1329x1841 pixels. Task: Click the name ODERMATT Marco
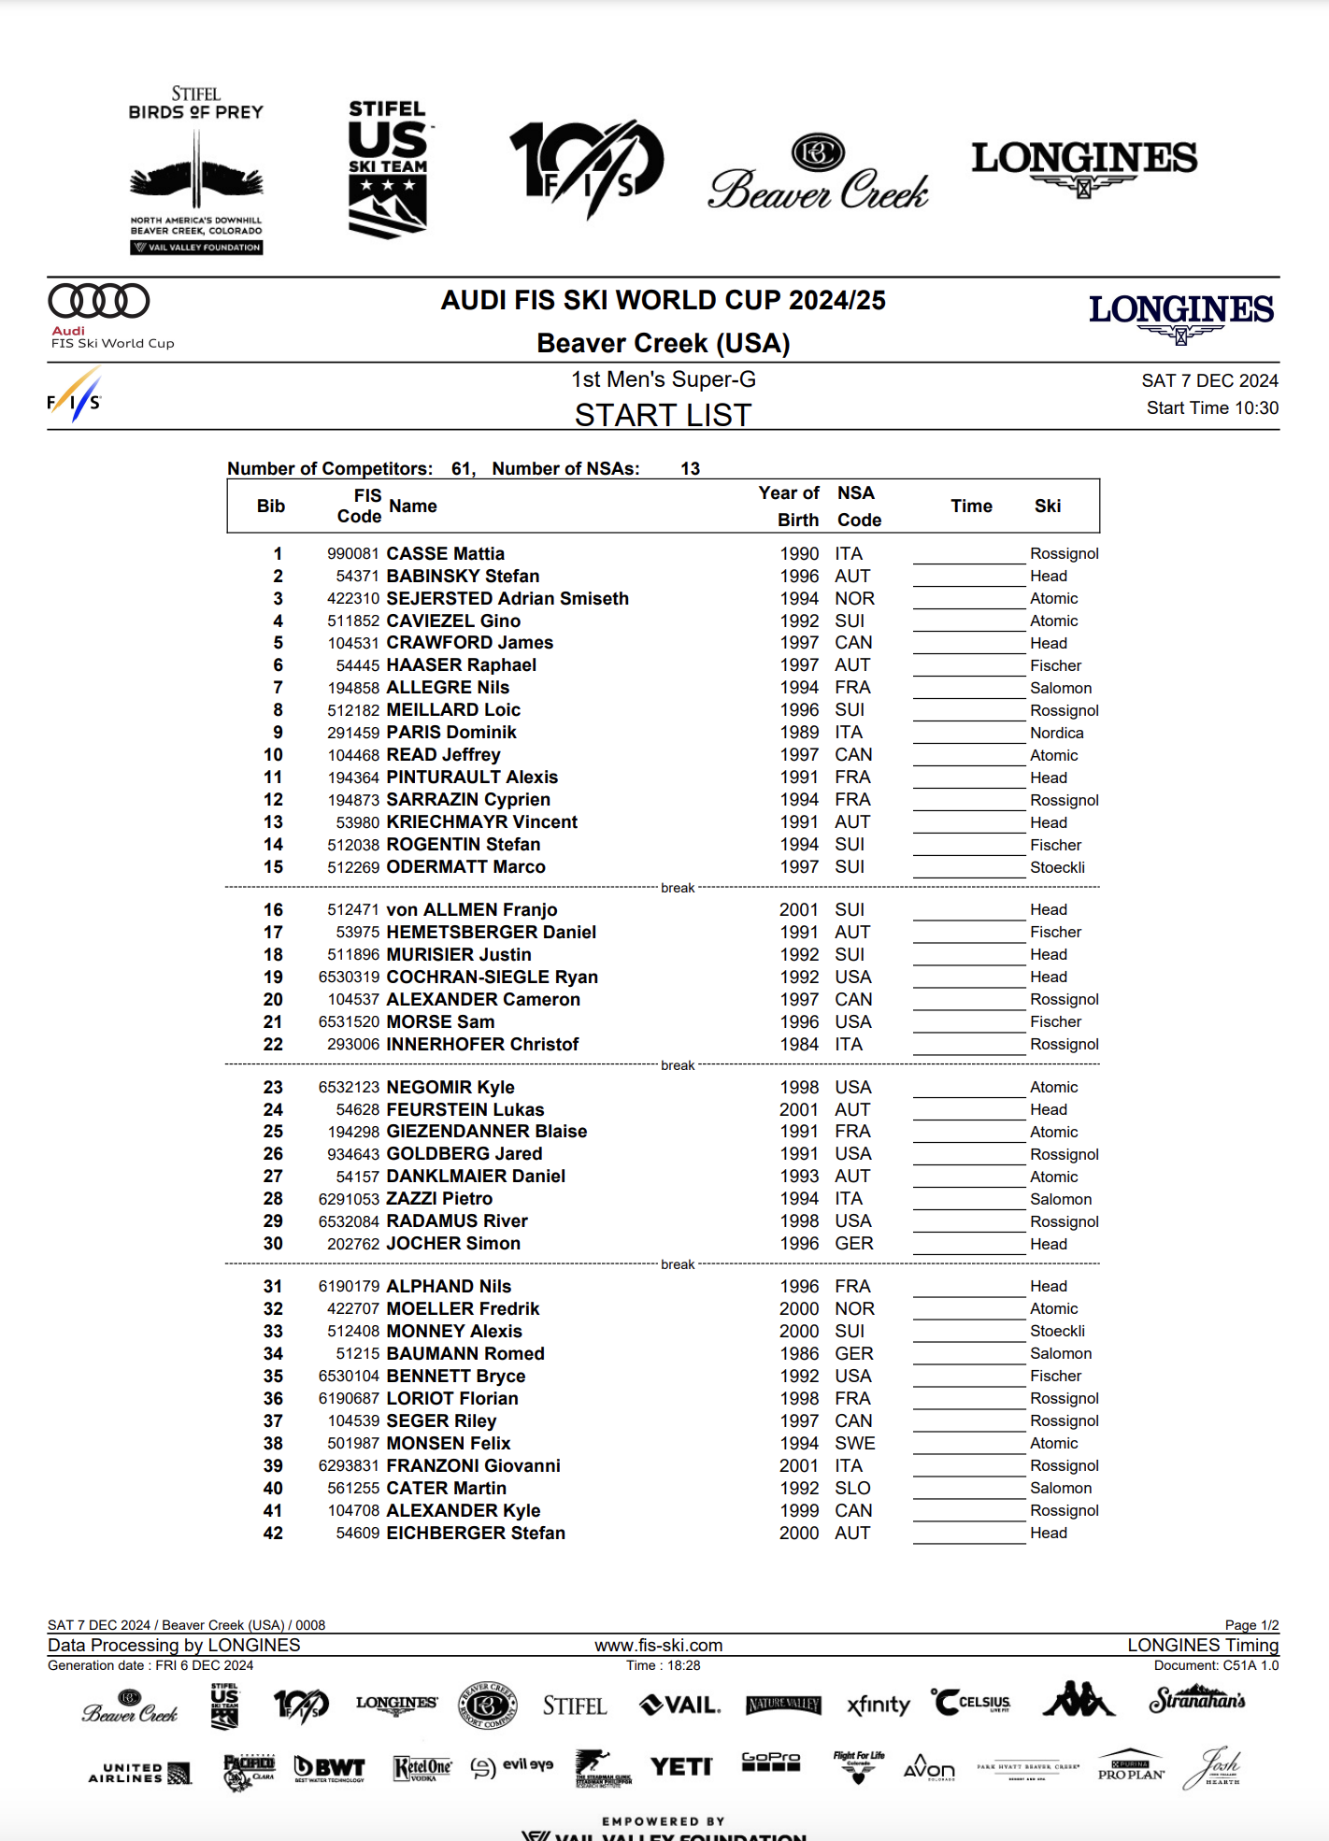pyautogui.click(x=465, y=867)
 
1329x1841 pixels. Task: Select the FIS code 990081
pyautogui.click(x=352, y=554)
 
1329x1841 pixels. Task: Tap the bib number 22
pyautogui.click(x=273, y=1045)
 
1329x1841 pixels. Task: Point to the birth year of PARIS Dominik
pyautogui.click(x=799, y=733)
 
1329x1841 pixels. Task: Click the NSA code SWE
pyautogui.click(x=854, y=1444)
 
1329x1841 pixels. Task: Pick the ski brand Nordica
pyautogui.click(x=1056, y=734)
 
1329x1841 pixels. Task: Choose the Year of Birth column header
pyautogui.click(x=789, y=506)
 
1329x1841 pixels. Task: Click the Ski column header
pyautogui.click(x=1047, y=506)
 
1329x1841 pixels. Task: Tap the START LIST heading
pyautogui.click(x=663, y=415)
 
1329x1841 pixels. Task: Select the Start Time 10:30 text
pyautogui.click(x=1211, y=408)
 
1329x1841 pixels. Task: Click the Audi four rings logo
pyautogui.click(x=99, y=301)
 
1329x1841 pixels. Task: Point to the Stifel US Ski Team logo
pyautogui.click(x=388, y=169)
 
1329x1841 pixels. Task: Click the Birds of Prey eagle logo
pyautogui.click(x=196, y=173)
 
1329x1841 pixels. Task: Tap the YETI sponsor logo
pyautogui.click(x=681, y=1766)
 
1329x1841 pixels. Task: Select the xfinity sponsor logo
pyautogui.click(x=878, y=1705)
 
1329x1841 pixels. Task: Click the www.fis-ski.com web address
pyautogui.click(x=658, y=1646)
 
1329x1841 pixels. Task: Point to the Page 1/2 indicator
pyautogui.click(x=1251, y=1625)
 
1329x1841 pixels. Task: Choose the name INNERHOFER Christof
pyautogui.click(x=482, y=1045)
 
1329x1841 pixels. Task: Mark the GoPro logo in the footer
pyautogui.click(x=770, y=1762)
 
